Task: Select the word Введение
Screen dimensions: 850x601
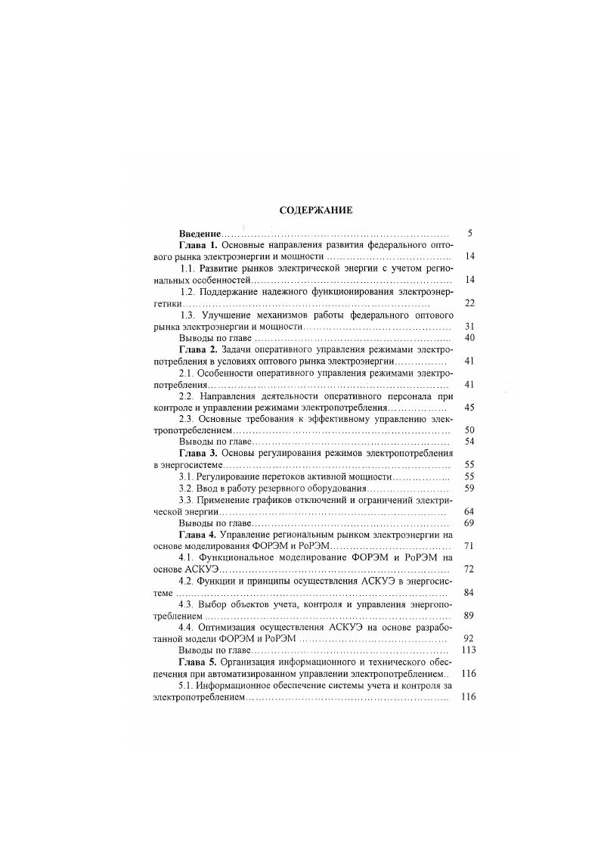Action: (x=200, y=234)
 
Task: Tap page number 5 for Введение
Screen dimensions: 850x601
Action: (x=470, y=234)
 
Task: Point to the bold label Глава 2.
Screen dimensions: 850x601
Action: (x=198, y=350)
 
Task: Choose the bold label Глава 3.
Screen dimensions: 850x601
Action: (x=198, y=453)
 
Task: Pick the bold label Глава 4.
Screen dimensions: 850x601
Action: (x=198, y=534)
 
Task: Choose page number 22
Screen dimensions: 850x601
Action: (x=469, y=303)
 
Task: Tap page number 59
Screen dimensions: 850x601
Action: (x=469, y=489)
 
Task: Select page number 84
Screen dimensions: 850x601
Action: (x=469, y=592)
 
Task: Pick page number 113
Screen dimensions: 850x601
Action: (x=468, y=650)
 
